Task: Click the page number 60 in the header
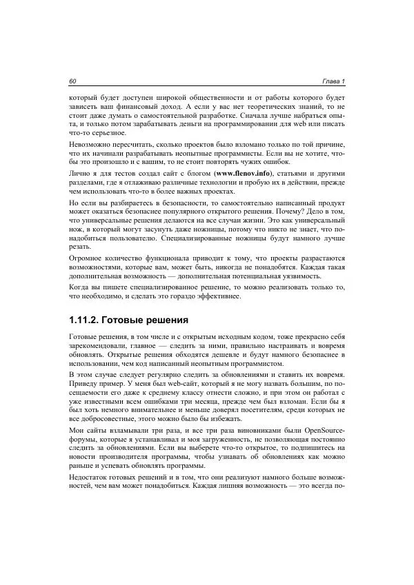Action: pyautogui.click(x=72, y=82)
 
